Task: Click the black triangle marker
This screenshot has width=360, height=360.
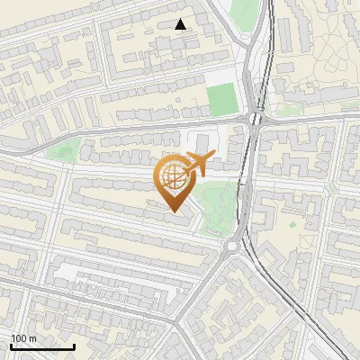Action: click(181, 24)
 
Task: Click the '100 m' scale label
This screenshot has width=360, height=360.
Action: click(23, 338)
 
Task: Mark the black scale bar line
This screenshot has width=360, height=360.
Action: click(42, 346)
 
